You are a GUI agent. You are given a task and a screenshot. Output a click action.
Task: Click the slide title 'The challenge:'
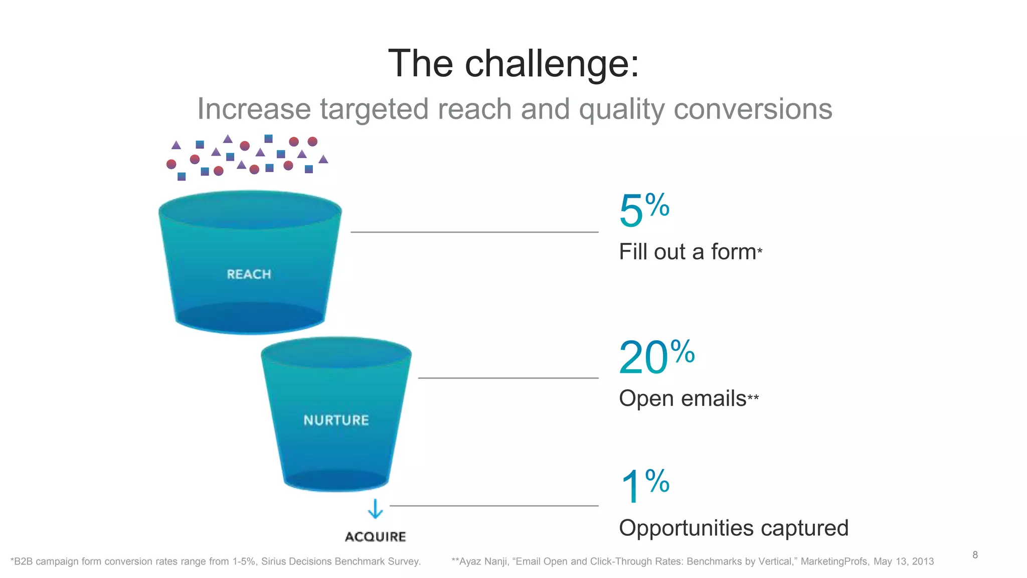[x=513, y=64]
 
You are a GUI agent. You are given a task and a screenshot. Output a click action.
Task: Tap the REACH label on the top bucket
[x=249, y=274]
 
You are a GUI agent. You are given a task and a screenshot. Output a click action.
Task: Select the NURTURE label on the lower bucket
[x=336, y=420]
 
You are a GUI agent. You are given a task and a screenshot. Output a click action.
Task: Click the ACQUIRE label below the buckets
[x=376, y=537]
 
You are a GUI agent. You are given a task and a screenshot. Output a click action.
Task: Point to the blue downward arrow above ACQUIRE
[x=375, y=509]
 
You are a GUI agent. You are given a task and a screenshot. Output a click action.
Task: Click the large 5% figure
[x=643, y=210]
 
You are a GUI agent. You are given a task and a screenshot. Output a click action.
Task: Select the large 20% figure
[x=656, y=357]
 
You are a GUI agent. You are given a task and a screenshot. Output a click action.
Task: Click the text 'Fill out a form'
[x=688, y=252]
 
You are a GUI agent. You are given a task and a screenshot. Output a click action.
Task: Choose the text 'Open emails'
[x=682, y=398]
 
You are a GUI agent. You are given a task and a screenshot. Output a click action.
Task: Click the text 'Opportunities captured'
[x=733, y=528]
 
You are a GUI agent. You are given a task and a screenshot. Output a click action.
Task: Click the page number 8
[x=975, y=555]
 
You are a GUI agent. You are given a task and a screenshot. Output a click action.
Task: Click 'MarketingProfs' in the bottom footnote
[x=834, y=561]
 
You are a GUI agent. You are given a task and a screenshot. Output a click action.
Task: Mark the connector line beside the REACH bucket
[x=474, y=232]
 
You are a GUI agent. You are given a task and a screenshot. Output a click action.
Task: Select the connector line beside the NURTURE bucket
[x=508, y=378]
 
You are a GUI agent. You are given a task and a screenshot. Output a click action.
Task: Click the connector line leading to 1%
[x=494, y=506]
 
